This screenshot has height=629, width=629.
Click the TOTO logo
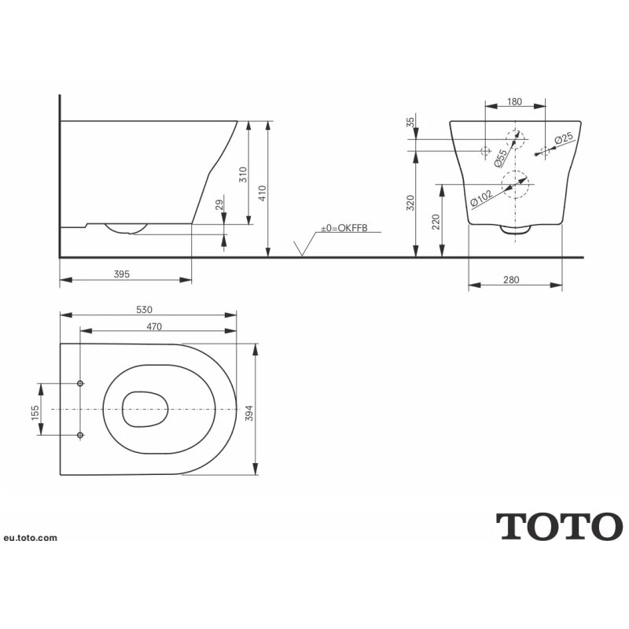click(559, 526)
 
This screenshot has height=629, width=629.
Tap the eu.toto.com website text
click(30, 538)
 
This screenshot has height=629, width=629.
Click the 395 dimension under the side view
click(121, 274)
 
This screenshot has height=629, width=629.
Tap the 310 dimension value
click(244, 174)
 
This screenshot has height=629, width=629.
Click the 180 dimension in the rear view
click(515, 101)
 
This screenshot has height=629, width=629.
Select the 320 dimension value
click(410, 204)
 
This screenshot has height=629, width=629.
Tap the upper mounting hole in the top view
click(81, 384)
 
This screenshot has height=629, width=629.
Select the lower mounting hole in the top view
click(81, 435)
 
